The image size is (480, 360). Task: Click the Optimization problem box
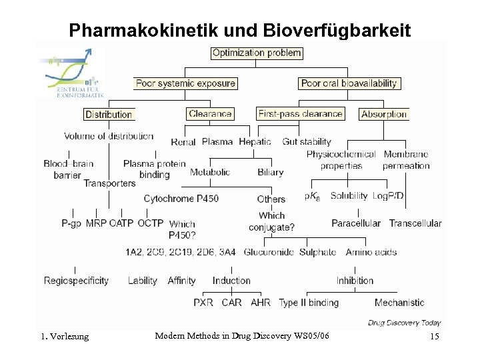point(257,53)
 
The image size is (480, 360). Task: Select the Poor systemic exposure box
point(185,83)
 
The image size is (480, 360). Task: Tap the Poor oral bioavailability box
point(349,83)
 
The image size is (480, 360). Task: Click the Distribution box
point(109,114)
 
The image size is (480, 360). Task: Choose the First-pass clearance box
point(300,114)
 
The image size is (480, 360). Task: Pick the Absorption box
point(384,114)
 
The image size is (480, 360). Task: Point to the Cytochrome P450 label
point(181,199)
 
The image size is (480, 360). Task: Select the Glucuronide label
point(269,252)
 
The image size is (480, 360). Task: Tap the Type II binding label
point(309,303)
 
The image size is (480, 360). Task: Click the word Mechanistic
point(399,303)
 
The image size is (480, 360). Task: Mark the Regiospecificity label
point(76,281)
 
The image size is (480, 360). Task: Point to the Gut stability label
point(307,141)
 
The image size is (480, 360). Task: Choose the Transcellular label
point(415,223)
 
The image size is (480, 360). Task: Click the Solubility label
point(349,196)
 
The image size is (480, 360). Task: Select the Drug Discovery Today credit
point(404,323)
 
